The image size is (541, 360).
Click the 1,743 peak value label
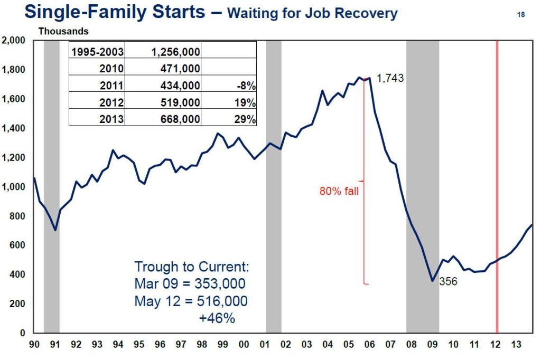(390, 79)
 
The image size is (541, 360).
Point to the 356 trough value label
(449, 282)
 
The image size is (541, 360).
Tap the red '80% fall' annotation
(339, 192)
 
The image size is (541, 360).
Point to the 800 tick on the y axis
(18, 216)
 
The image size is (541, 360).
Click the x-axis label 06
(369, 345)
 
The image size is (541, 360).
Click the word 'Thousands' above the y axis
(63, 32)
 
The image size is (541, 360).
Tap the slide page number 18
(521, 15)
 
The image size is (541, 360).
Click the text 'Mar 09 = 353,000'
(190, 284)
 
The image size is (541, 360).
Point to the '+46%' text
(217, 318)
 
